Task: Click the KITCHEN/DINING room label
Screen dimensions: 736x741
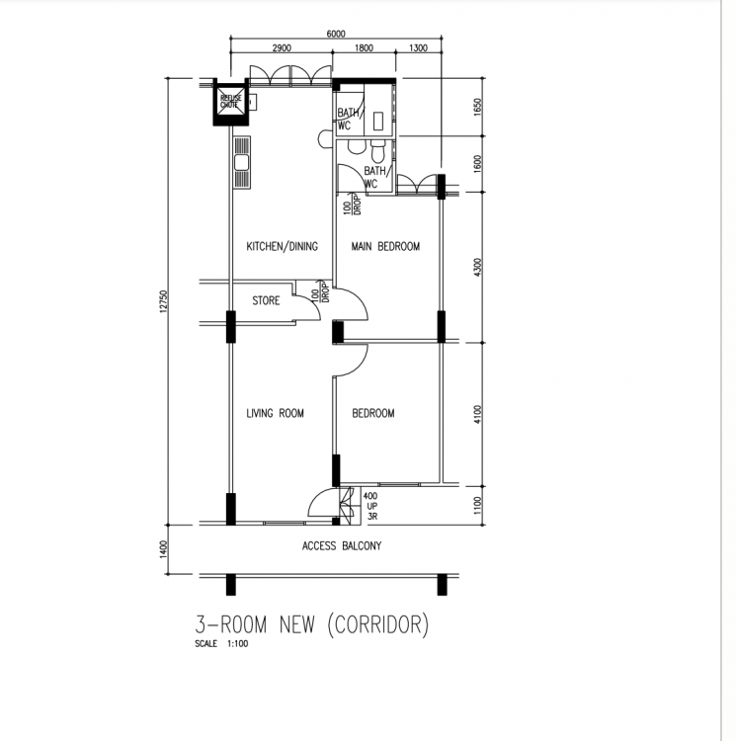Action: point(282,246)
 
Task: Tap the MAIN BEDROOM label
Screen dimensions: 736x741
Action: point(385,246)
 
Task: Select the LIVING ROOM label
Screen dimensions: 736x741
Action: point(275,414)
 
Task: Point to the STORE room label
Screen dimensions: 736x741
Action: point(266,300)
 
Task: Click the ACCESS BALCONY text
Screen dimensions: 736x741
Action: point(342,546)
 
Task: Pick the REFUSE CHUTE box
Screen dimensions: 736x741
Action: point(230,102)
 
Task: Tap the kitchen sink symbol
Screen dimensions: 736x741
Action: point(242,163)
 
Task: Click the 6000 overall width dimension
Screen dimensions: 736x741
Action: point(336,34)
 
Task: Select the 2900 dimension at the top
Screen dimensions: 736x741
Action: point(282,48)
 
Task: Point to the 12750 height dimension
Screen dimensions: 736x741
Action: point(163,301)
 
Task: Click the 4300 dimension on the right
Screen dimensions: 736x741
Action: point(477,268)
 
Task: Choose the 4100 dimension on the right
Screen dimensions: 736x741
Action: point(477,414)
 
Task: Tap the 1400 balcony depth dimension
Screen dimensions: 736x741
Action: point(163,549)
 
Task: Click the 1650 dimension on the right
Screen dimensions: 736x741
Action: point(477,107)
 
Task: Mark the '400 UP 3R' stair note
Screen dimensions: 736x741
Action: point(370,506)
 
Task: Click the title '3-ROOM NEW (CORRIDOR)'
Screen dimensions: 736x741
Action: point(312,624)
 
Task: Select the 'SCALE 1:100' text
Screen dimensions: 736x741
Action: point(221,643)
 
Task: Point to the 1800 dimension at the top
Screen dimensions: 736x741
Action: point(364,48)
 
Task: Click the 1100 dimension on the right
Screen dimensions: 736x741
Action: point(477,506)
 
